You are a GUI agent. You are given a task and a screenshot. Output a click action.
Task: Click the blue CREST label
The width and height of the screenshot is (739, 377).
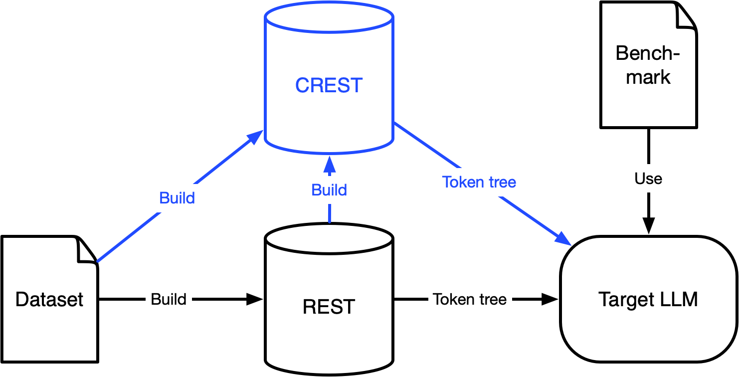tap(329, 85)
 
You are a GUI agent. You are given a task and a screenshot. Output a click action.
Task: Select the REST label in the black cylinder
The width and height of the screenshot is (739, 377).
tap(329, 307)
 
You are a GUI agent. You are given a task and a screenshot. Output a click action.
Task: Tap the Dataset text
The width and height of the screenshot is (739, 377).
tap(49, 299)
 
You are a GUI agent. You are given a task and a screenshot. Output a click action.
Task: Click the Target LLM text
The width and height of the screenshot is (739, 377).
tap(648, 299)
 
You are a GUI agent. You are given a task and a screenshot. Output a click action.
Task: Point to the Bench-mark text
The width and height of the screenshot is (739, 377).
tap(648, 65)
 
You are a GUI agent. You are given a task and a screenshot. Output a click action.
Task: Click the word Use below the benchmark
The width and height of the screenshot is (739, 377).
tap(648, 179)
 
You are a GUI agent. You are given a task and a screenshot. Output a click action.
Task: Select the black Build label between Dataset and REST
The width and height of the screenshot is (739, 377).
tap(169, 299)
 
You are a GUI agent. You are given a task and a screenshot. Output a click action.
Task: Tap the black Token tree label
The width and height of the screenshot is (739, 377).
tap(470, 299)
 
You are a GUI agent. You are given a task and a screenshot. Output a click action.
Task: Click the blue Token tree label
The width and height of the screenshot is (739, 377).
tap(479, 182)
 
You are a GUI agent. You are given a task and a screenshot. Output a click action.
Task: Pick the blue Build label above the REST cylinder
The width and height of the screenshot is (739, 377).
tap(329, 190)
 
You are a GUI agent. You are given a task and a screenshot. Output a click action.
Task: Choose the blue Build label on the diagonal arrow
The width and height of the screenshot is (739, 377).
tap(177, 198)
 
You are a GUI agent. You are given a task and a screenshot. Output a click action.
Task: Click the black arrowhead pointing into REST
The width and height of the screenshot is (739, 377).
tap(255, 299)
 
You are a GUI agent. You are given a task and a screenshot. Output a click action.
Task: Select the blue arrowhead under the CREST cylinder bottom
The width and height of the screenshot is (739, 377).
tap(329, 163)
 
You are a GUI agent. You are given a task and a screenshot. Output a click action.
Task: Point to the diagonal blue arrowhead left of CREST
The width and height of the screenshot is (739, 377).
tap(255, 137)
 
